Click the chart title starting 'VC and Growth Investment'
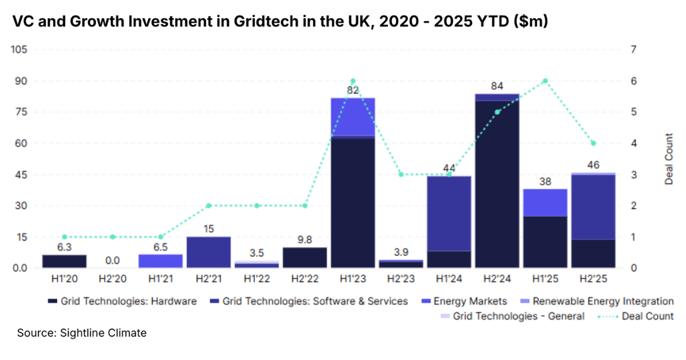[280, 22]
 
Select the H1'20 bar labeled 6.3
[65, 261]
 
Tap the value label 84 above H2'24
[497, 87]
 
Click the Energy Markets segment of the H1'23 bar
[353, 117]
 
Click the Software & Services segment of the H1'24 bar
[449, 214]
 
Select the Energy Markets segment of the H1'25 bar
[545, 202]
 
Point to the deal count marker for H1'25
[545, 81]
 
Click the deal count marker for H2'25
[593, 143]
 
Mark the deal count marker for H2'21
[209, 206]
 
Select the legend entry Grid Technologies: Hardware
[123, 301]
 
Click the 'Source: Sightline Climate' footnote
[82, 333]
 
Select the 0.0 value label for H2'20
[113, 261]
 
